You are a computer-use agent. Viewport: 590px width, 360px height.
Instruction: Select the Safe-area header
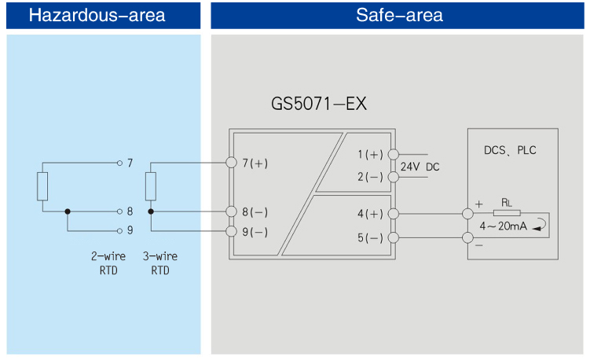coord(399,15)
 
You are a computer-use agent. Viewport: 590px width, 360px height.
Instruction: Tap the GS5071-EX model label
coord(319,104)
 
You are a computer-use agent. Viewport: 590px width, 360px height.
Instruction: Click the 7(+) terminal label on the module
coord(255,163)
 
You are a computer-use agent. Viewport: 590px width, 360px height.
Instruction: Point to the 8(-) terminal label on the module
coord(255,212)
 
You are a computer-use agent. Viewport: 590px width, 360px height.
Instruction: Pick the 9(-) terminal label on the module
coord(255,232)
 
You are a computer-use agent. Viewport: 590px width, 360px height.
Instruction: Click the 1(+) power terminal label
coord(371,155)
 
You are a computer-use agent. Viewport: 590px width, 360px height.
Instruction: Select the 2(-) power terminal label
coord(371,177)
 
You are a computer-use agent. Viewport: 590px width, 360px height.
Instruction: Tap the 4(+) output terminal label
coord(371,213)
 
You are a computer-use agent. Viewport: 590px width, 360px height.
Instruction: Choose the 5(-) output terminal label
coord(371,237)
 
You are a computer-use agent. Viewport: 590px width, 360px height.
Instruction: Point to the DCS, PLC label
coord(511,150)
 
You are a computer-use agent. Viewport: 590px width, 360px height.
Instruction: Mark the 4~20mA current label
coord(504,226)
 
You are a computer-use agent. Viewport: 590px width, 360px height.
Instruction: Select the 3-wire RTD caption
coord(159,263)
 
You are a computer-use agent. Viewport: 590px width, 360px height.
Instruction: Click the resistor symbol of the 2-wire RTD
coord(42,187)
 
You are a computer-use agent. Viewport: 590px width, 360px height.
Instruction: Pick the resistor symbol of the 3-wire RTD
coord(150,187)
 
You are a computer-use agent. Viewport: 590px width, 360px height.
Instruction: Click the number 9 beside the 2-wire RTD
coord(130,231)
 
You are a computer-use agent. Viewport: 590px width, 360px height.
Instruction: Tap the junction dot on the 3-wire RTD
coord(150,211)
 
